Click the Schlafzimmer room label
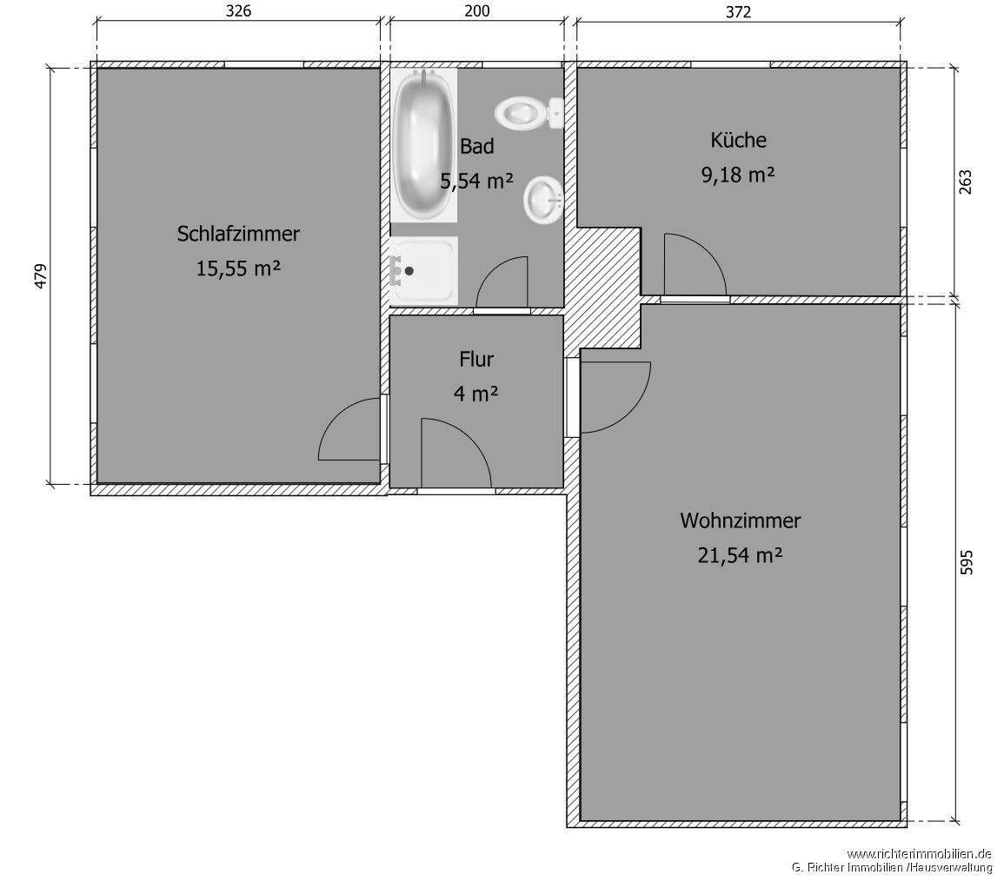tap(238, 234)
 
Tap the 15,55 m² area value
tap(238, 268)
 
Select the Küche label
tap(738, 140)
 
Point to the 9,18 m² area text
tap(738, 175)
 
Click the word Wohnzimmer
tap(740, 521)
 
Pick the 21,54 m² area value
tap(740, 555)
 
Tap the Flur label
tap(475, 359)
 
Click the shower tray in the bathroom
tap(423, 271)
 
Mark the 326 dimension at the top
tap(238, 11)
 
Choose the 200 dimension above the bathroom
tap(477, 11)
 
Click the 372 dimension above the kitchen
tap(737, 11)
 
